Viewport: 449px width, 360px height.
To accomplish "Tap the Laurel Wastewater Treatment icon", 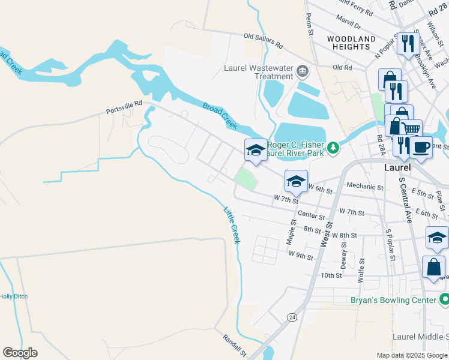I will (x=302, y=73).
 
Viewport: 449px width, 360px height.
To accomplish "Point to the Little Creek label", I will (x=232, y=225).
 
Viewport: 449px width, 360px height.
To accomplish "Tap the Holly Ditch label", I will (x=13, y=296).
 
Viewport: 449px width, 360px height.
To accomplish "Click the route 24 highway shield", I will (x=292, y=316).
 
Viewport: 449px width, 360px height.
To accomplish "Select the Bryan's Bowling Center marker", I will (x=444, y=298).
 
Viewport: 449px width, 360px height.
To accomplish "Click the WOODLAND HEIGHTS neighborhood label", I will (x=352, y=43).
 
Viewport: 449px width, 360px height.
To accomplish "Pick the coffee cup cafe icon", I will (x=421, y=146).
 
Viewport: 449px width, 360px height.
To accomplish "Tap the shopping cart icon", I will (x=411, y=129).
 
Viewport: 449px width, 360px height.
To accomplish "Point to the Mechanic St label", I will (x=364, y=187).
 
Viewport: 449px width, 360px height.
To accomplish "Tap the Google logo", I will (x=20, y=353).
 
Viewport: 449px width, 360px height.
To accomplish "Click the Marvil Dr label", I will (x=349, y=26).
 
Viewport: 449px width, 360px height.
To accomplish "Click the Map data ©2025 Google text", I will (x=412, y=355).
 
